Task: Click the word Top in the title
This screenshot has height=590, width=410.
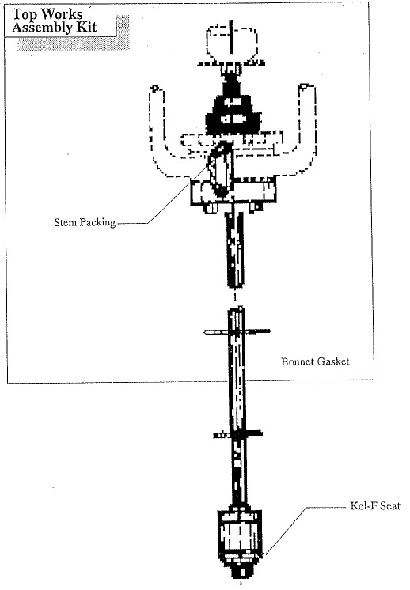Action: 25,15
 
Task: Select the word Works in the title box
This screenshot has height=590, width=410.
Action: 62,14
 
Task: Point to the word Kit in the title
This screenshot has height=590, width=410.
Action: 86,27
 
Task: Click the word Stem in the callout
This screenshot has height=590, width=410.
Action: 66,222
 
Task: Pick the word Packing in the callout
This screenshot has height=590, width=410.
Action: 97,222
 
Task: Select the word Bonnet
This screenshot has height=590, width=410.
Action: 298,361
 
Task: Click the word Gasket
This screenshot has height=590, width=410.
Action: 332,361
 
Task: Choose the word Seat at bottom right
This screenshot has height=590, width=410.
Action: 390,505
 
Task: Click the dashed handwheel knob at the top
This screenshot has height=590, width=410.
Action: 232,42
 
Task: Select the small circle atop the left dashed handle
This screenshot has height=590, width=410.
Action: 154,89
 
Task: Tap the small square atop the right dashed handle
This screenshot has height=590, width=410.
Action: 303,87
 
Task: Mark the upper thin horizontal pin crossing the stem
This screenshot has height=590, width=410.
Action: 237,331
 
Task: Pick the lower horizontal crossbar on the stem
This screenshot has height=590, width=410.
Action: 238,435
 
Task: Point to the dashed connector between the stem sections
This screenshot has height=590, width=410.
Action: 235,297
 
